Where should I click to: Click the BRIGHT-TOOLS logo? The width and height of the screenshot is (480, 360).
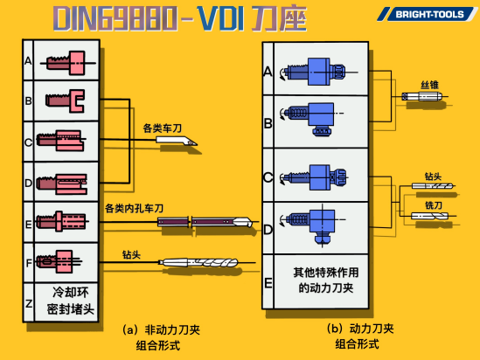(x=428, y=14)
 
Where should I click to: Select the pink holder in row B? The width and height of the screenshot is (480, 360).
(x=66, y=100)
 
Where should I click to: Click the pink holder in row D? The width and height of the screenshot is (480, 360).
(x=62, y=183)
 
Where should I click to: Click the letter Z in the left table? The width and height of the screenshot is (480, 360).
(x=29, y=304)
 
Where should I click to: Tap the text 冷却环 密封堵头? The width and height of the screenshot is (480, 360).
(x=70, y=301)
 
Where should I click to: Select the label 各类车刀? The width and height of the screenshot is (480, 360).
(x=163, y=128)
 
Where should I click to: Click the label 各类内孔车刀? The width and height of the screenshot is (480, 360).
(x=134, y=209)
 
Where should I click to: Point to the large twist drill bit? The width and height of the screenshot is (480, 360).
(x=198, y=262)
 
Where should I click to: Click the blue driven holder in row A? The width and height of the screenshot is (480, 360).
(x=315, y=72)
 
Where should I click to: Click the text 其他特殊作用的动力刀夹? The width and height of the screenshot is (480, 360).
(x=326, y=280)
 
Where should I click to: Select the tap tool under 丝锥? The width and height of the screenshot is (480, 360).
(x=422, y=97)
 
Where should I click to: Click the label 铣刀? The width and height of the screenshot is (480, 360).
(x=434, y=205)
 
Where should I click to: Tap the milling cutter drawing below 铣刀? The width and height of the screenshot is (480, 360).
(x=430, y=216)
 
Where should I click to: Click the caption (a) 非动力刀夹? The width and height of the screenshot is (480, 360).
(x=161, y=330)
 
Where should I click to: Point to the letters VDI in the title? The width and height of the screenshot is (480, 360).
(x=220, y=18)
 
